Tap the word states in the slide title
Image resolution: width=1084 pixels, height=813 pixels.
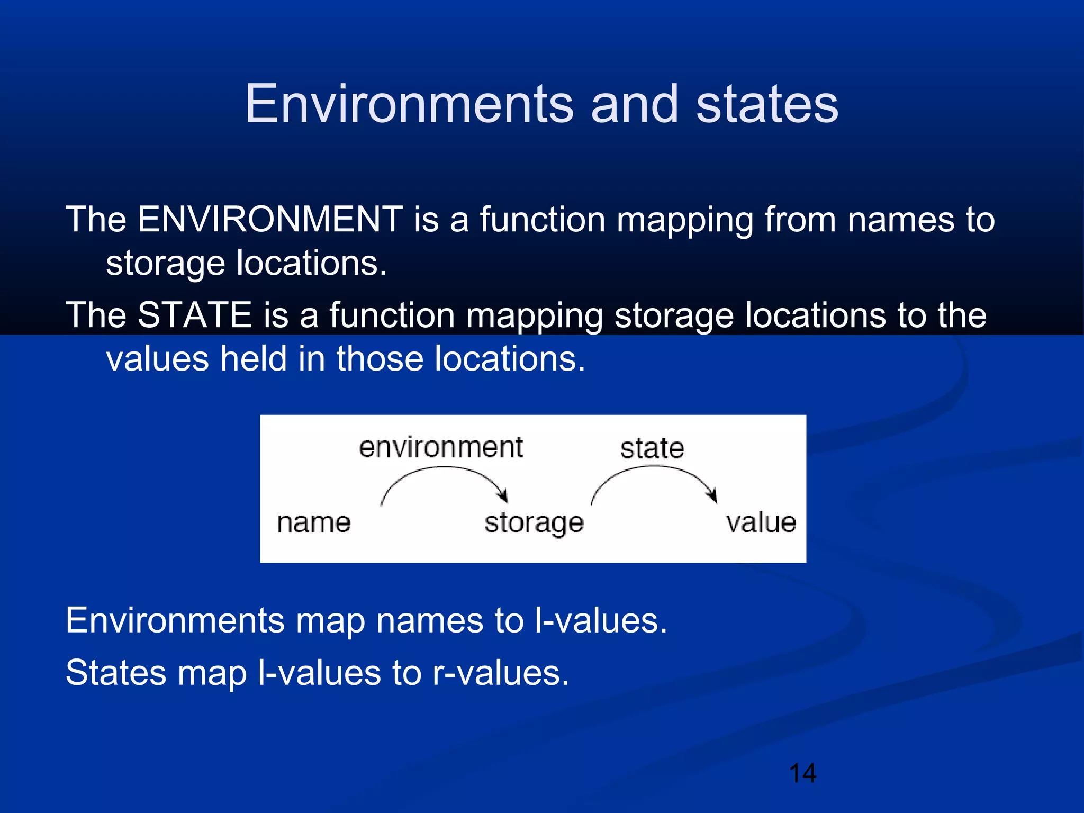767,104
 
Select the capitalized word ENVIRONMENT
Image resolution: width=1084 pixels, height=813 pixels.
270,219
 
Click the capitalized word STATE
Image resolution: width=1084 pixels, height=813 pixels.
194,315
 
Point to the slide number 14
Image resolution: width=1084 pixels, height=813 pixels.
802,773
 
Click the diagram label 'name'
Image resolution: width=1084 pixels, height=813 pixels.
313,523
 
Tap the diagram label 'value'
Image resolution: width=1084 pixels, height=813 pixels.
761,523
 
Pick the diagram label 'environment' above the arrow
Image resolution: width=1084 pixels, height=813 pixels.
440,448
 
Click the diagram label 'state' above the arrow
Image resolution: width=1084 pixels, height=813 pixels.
652,449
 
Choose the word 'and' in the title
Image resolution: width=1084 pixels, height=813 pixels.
634,104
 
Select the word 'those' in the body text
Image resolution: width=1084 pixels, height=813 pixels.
379,359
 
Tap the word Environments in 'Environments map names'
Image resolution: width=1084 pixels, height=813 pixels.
175,620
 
